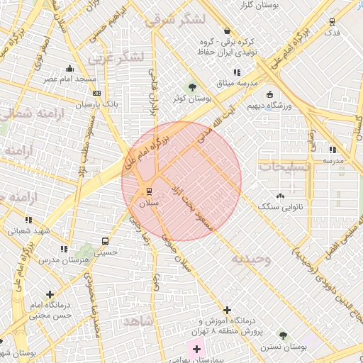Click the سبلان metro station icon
(149, 191)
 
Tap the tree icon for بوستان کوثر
(192, 86)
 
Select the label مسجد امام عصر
(70, 79)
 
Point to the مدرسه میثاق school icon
(237, 72)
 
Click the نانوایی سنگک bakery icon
(281, 196)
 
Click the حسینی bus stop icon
(106, 241)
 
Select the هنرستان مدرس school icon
(65, 249)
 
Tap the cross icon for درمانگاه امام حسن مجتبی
(49, 294)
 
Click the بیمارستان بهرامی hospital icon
(196, 350)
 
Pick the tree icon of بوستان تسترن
(283, 335)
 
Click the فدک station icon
(333, 22)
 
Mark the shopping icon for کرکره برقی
(227, 31)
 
